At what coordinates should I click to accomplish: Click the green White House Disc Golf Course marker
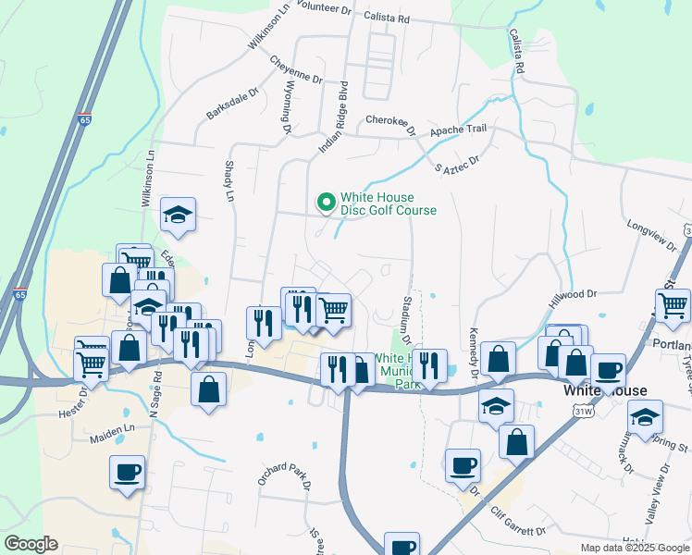coord(326,202)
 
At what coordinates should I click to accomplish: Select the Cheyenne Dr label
coord(296,70)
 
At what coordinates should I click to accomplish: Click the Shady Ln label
coord(229,180)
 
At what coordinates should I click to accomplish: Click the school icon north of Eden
coord(178,216)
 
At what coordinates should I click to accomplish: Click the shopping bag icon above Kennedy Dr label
coord(498,360)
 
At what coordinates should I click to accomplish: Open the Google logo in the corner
coord(31,543)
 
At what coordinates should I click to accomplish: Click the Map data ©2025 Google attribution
coord(634,548)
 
